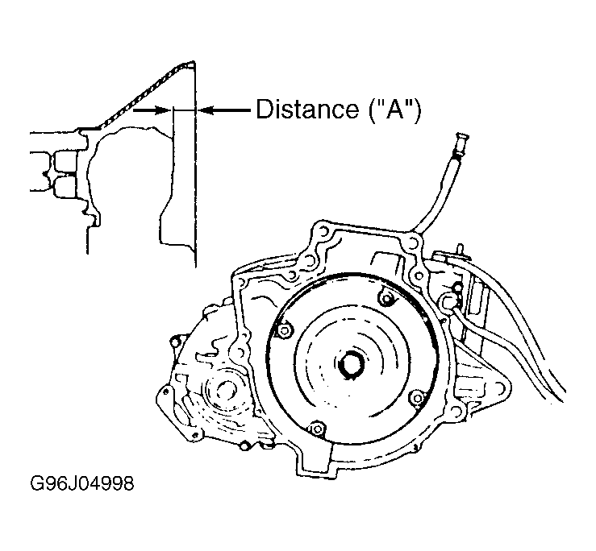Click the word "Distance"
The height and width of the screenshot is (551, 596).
[307, 110]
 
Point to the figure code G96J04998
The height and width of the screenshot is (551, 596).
[82, 484]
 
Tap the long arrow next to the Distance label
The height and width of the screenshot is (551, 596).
[225, 110]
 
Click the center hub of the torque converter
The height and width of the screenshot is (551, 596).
[351, 365]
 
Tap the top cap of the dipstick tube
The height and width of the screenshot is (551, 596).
[461, 138]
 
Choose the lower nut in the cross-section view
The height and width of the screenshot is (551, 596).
[65, 187]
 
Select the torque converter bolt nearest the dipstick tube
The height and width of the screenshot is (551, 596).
[386, 299]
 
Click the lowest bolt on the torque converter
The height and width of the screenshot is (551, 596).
[317, 429]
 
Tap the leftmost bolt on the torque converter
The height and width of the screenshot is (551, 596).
[284, 330]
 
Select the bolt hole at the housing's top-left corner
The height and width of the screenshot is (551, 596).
[323, 230]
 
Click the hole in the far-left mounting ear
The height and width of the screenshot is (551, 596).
[165, 391]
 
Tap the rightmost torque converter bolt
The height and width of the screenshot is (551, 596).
[417, 398]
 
